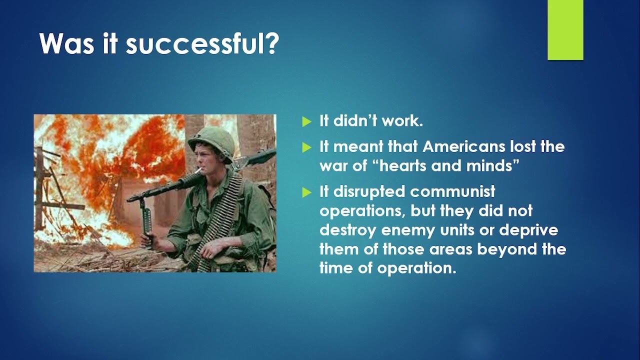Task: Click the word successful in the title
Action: (x=201, y=43)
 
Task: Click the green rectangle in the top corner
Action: (x=565, y=29)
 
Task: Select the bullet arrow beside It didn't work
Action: (x=306, y=121)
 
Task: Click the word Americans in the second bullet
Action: (x=458, y=146)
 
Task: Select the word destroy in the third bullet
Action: (x=348, y=230)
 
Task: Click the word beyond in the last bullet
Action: (x=505, y=248)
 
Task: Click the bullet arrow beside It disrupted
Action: (x=306, y=192)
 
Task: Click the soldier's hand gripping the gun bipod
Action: (x=146, y=239)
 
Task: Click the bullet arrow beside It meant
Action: (x=306, y=147)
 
